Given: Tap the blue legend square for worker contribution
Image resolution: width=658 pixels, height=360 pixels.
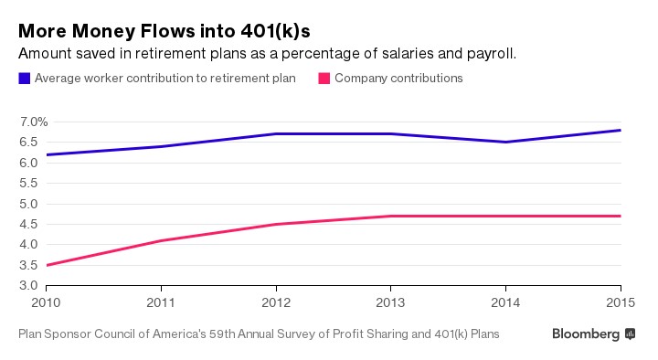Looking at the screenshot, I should click(24, 79).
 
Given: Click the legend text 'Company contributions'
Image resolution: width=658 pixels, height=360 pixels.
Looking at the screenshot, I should click(398, 79).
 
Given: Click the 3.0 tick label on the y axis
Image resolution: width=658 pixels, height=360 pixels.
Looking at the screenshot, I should click(27, 286).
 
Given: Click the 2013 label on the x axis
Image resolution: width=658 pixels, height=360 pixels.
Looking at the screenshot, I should click(391, 302).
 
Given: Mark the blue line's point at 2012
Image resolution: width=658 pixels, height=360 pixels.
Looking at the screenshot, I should click(276, 134).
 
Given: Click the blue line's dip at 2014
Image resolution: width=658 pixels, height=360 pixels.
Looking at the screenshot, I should click(505, 142).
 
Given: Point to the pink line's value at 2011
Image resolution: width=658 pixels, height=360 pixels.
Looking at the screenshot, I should click(161, 240).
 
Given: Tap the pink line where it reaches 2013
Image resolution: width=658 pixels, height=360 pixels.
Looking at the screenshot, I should click(391, 217).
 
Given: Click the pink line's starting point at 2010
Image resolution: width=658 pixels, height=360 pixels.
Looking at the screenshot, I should click(47, 265).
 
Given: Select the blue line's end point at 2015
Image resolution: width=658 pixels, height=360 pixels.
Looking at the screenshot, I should click(621, 130).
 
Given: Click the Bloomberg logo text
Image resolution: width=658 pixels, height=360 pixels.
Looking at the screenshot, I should click(586, 334).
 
